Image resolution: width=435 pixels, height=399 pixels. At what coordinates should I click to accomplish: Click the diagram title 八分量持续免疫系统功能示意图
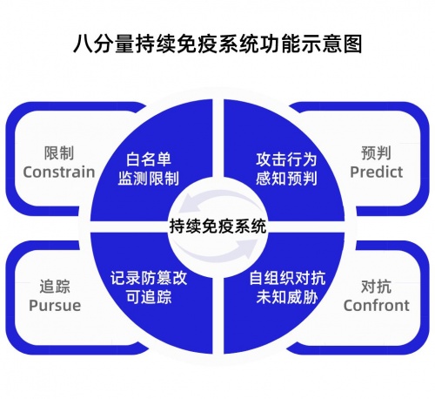[217, 44]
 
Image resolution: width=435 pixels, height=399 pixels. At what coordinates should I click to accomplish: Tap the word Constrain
[59, 172]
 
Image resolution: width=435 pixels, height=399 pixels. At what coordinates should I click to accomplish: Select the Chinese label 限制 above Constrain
[59, 152]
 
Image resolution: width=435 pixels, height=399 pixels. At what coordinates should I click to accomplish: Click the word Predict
[377, 172]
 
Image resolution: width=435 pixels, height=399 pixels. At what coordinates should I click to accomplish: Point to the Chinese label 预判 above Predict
[376, 152]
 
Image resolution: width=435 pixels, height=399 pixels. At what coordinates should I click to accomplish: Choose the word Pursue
[55, 306]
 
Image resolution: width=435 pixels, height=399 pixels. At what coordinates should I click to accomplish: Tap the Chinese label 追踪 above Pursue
[55, 287]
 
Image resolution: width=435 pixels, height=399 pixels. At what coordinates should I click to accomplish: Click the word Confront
[377, 306]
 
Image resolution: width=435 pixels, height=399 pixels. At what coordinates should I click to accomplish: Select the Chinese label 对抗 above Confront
[376, 287]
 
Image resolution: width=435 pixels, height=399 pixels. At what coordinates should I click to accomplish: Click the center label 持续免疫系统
[217, 227]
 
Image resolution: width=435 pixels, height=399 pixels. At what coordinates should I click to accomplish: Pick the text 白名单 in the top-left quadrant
[149, 159]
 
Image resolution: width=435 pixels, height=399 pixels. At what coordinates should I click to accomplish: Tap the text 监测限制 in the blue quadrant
[149, 179]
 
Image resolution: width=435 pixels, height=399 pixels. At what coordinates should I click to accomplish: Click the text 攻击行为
[286, 159]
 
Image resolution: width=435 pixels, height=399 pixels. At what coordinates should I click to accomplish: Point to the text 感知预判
[286, 179]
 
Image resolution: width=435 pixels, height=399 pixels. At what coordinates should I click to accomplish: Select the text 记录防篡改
[149, 278]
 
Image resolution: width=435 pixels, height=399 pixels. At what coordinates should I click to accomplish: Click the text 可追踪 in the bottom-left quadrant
[149, 297]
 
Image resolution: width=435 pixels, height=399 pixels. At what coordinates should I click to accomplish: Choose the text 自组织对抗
[287, 278]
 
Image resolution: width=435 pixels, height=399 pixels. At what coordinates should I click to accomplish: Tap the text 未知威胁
[287, 297]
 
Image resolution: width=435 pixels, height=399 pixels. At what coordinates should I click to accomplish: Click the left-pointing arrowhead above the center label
[188, 205]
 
